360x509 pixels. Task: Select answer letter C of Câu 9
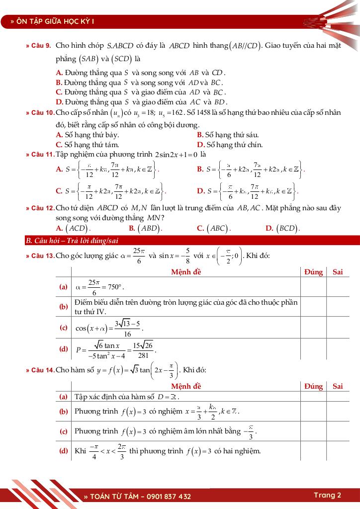click(x=59, y=92)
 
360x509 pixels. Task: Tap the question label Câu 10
click(x=40, y=113)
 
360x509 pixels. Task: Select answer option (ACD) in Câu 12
click(x=76, y=229)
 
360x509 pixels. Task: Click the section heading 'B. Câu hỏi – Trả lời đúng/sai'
click(x=72, y=241)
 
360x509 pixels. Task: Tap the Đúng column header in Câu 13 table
click(x=313, y=272)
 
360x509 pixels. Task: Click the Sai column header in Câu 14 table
click(x=338, y=386)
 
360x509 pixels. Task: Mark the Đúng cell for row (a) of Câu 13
click(x=313, y=287)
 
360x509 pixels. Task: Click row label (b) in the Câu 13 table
click(x=64, y=307)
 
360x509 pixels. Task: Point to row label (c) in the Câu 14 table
click(x=64, y=431)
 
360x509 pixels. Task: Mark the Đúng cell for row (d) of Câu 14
click(x=313, y=451)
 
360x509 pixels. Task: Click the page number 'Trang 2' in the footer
click(x=327, y=495)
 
